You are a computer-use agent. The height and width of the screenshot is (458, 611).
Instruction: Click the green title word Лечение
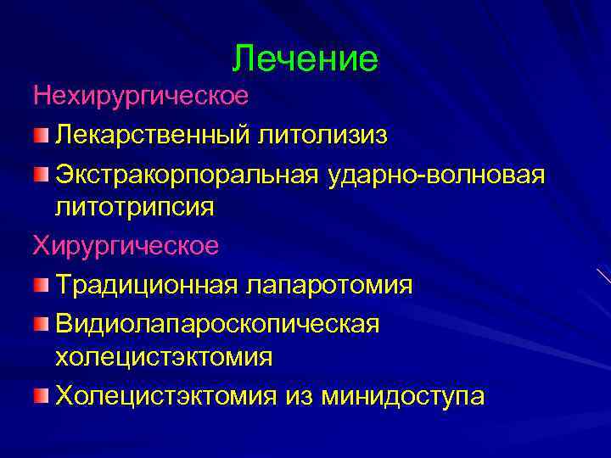point(305,59)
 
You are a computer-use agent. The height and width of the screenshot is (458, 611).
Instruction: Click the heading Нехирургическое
point(142,96)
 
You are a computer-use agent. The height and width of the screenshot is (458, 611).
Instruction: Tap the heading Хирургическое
point(126,246)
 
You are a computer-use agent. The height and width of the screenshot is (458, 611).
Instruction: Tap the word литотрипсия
point(135,206)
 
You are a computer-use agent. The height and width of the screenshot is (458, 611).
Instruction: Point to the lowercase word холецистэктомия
point(164,357)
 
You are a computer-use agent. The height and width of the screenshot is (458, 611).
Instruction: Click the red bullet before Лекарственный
point(42,133)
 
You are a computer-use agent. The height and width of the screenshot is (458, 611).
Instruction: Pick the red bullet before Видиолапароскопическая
point(42,321)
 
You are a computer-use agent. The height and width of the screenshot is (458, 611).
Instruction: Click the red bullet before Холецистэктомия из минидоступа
point(42,395)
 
